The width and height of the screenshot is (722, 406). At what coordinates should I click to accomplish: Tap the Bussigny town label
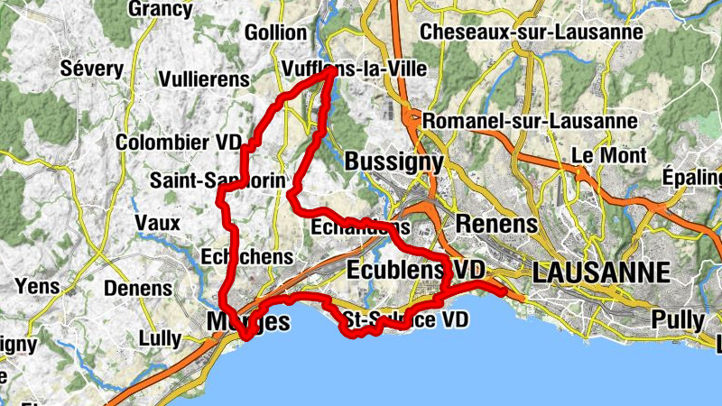point(394,162)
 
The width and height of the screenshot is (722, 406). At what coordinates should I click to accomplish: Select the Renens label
point(496,223)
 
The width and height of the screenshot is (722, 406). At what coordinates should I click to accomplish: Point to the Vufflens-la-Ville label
point(354,69)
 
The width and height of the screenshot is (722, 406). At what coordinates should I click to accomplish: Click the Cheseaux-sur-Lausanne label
point(532,32)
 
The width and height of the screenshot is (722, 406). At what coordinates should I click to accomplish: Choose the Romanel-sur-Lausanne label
point(530,120)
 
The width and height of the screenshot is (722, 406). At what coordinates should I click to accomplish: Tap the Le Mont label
point(609,155)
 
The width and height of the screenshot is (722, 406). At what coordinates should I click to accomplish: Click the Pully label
point(671,319)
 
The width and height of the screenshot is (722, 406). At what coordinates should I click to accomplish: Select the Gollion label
point(275,32)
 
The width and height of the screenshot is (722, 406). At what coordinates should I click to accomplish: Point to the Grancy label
point(161,9)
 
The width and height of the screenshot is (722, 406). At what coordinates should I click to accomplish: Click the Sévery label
point(91,69)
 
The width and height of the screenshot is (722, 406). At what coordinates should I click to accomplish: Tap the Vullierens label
point(203,79)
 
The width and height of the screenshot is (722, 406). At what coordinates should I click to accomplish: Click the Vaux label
point(157,223)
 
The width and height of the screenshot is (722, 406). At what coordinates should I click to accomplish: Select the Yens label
point(37,288)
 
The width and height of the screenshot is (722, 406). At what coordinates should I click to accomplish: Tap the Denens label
point(138,289)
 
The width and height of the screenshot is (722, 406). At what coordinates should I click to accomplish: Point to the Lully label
point(161,339)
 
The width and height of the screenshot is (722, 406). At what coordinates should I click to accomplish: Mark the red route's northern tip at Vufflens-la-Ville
point(329,76)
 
